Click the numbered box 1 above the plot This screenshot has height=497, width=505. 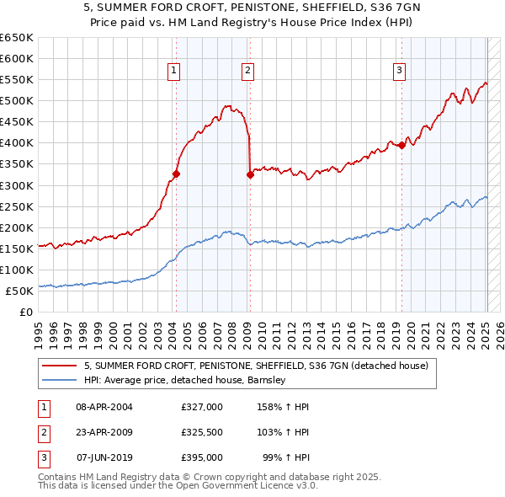tap(173, 72)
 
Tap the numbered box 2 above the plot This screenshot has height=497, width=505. tap(248, 72)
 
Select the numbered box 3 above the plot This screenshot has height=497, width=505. tap(399, 72)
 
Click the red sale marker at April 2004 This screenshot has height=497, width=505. tap(176, 174)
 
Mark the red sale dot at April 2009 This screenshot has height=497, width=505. tap(251, 174)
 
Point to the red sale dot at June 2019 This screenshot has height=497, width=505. tap(402, 145)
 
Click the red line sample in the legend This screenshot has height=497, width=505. tap(60, 366)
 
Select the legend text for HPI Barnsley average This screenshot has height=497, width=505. tap(185, 380)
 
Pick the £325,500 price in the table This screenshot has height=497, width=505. tap(201, 432)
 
